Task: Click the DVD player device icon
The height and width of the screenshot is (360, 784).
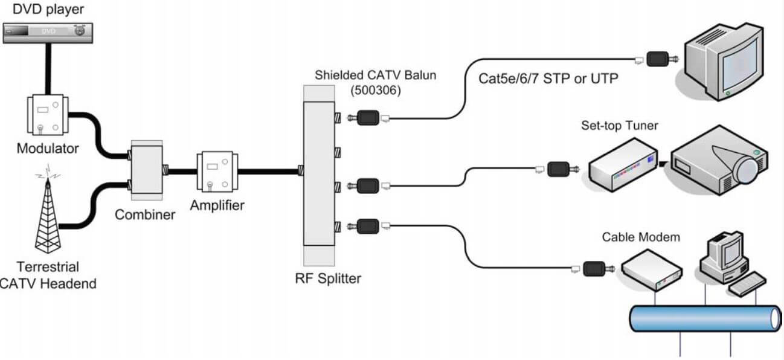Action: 47,31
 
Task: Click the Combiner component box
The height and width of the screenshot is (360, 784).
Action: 146,172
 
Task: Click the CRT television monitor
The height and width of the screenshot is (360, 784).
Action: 725,60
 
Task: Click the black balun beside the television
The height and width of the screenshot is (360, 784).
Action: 659,59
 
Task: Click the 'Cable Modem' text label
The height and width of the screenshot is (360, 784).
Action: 641,237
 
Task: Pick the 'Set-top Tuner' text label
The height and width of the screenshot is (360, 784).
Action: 619,126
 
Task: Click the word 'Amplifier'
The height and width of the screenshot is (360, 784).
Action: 217,205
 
